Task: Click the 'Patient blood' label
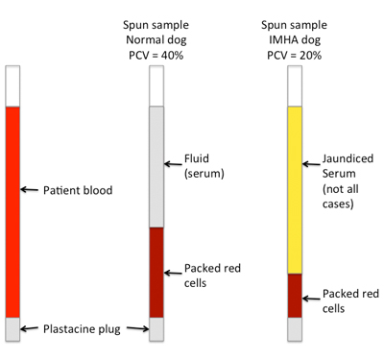pos(79,191)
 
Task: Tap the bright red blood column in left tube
pos(12,211)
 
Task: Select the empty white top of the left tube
pos(12,85)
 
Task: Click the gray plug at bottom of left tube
pos(12,327)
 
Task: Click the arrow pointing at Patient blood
pos(31,191)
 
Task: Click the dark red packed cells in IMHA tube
pos(296,296)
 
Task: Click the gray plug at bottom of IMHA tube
pos(296,328)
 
